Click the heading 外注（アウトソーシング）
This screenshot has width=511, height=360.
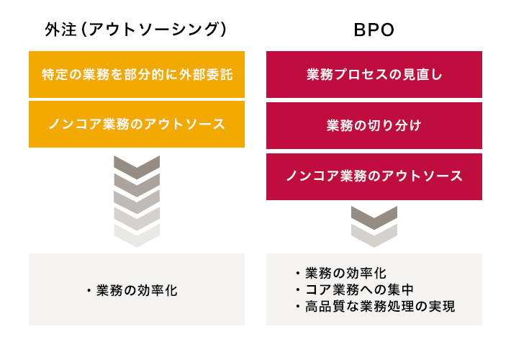[135, 30]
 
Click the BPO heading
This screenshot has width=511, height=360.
[374, 30]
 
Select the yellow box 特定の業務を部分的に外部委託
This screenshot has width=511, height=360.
[137, 74]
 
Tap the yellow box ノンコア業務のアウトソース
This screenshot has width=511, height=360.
[137, 125]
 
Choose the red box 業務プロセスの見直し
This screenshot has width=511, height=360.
[374, 74]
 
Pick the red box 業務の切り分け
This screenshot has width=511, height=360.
[374, 125]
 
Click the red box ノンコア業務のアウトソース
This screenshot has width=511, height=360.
[374, 176]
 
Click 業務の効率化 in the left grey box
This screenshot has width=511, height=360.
[137, 290]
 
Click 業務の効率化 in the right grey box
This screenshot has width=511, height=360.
[345, 273]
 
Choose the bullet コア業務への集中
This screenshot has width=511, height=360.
[359, 289]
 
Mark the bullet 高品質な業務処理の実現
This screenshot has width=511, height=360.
[380, 306]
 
